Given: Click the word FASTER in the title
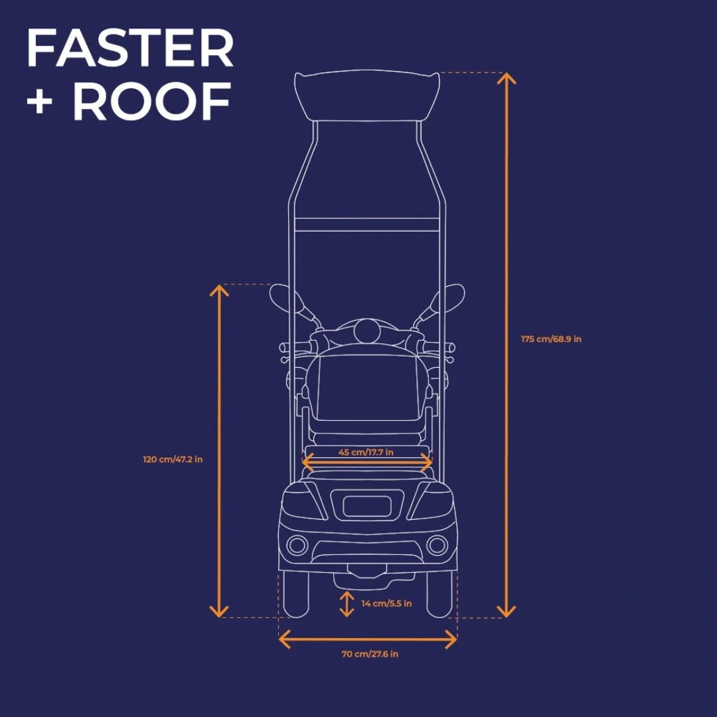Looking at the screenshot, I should [x=130, y=48].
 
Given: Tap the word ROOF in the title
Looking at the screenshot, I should [x=152, y=102].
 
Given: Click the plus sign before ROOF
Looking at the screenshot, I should [x=40, y=104].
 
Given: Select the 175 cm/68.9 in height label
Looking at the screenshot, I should [x=551, y=339].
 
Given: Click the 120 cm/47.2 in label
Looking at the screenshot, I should [x=173, y=459].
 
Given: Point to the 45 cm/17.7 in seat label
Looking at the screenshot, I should [x=366, y=452].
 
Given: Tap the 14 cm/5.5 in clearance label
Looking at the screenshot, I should [x=386, y=603].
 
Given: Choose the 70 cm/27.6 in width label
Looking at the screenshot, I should [x=370, y=654].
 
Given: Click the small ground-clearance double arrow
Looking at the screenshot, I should [x=347, y=604].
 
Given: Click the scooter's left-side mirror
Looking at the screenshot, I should [x=280, y=296].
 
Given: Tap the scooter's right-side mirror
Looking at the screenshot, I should [x=453, y=296].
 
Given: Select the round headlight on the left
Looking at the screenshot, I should [x=299, y=545].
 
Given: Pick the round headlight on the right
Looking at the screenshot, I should [x=437, y=545].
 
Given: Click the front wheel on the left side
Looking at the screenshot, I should [x=296, y=592].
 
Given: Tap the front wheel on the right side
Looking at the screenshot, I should [x=439, y=592].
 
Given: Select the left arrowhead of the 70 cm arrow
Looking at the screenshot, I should [x=283, y=639].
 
